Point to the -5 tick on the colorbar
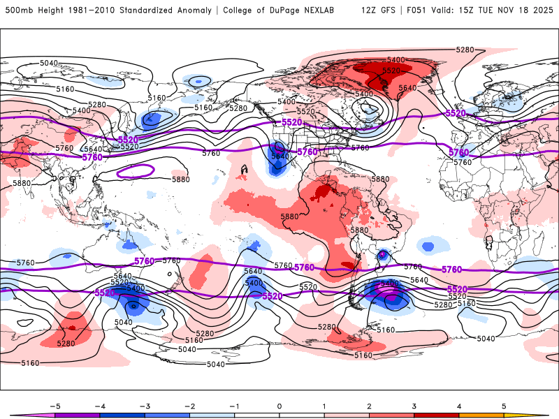point(55,405)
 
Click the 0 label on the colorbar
point(279,405)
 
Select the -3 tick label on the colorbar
point(144,405)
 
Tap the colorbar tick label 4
point(458,405)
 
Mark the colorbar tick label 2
point(369,405)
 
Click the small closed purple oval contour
point(135,170)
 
